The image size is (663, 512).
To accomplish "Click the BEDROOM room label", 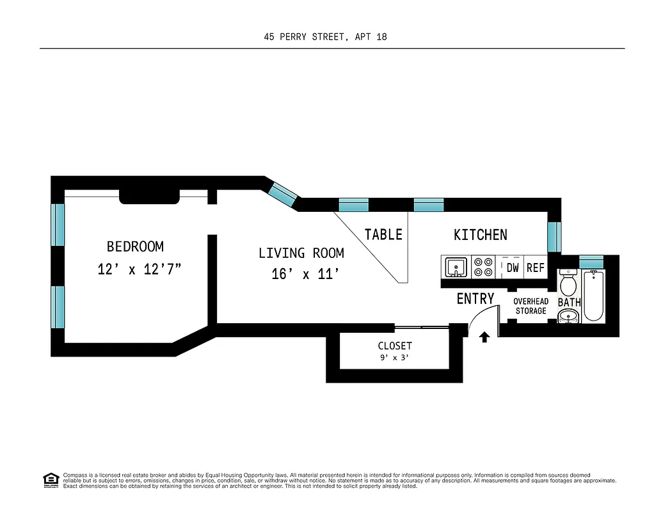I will (x=135, y=246).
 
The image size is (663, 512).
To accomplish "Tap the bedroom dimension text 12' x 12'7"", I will (x=140, y=269).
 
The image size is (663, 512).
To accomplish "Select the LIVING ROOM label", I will (x=301, y=253).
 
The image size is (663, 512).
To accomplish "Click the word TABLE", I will (x=383, y=235).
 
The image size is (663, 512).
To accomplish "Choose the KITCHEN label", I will (x=480, y=235).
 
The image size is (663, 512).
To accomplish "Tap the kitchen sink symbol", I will (x=456, y=267).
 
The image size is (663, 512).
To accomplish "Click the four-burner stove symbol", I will (x=484, y=267).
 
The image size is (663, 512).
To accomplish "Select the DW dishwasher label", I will (x=513, y=268).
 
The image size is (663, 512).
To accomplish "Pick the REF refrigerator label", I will (x=535, y=268).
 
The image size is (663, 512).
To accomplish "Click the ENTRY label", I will (x=475, y=299).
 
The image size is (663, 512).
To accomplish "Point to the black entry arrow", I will (x=484, y=337).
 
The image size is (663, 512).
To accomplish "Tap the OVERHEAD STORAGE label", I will (x=531, y=306).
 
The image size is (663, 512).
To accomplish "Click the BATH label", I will (x=569, y=301).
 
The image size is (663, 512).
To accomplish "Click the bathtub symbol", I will (x=593, y=295).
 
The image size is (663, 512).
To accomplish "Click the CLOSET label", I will (x=395, y=346).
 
